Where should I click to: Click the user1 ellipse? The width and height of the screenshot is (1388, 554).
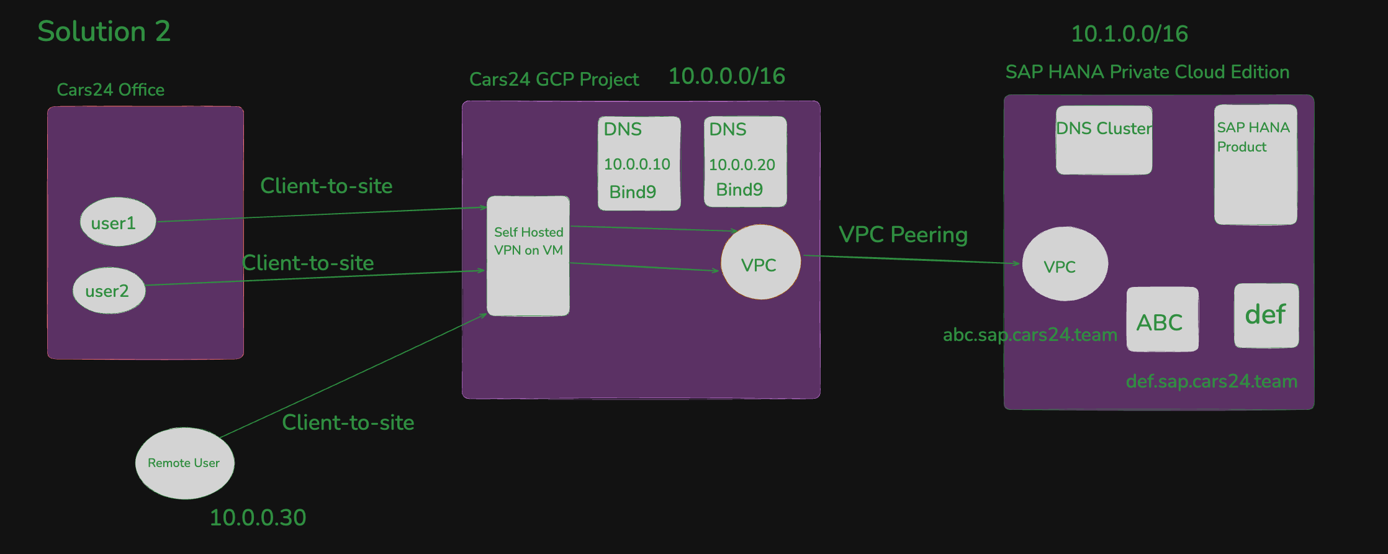pyautogui.click(x=117, y=222)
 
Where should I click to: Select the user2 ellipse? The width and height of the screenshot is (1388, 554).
pyautogui.click(x=109, y=291)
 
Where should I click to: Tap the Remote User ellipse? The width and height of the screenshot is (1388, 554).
pyautogui.click(x=184, y=463)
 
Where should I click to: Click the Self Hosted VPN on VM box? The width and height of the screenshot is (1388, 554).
pyautogui.click(x=528, y=256)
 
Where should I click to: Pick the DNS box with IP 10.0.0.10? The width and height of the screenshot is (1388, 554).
pyautogui.click(x=639, y=163)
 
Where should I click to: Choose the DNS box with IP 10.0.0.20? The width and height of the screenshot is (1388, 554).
pyautogui.click(x=745, y=161)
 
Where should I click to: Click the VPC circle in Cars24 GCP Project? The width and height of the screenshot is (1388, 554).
pyautogui.click(x=760, y=263)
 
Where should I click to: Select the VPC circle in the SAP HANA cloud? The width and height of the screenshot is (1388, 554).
pyautogui.click(x=1065, y=265)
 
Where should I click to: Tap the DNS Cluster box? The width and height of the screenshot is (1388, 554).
pyautogui.click(x=1104, y=140)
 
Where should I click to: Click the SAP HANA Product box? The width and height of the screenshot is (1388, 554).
pyautogui.click(x=1255, y=165)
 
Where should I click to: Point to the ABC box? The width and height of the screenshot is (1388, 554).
pyautogui.click(x=1162, y=320)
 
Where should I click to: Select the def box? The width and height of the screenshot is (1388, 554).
pyautogui.click(x=1266, y=316)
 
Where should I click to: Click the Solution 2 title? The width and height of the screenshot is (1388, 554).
pyautogui.click(x=104, y=31)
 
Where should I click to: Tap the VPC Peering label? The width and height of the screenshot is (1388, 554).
pyautogui.click(x=903, y=235)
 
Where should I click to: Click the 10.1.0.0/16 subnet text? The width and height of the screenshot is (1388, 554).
pyautogui.click(x=1129, y=34)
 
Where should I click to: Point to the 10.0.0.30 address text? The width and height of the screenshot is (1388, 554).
pyautogui.click(x=258, y=517)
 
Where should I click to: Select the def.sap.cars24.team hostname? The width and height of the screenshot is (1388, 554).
pyautogui.click(x=1211, y=381)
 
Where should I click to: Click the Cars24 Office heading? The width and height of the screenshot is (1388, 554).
pyautogui.click(x=110, y=90)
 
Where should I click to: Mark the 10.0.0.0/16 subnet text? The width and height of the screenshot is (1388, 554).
pyautogui.click(x=726, y=76)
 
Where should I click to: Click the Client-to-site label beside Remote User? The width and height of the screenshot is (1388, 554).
pyautogui.click(x=348, y=422)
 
